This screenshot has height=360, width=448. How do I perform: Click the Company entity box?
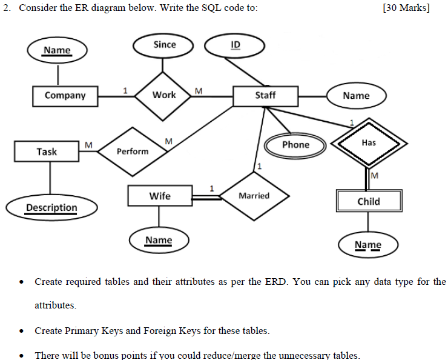click(65, 96)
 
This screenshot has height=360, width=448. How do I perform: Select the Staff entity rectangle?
click(265, 96)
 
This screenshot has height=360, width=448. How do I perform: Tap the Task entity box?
click(47, 152)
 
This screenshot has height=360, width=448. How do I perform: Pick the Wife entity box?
click(160, 196)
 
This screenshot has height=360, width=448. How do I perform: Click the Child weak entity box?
click(369, 201)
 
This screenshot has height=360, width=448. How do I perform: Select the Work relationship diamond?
click(164, 95)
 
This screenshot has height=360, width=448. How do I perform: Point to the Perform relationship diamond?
click(133, 152)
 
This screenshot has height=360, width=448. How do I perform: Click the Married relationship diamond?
click(254, 196)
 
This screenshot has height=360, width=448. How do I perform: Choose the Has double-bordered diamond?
click(369, 143)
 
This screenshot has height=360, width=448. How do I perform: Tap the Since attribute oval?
click(165, 45)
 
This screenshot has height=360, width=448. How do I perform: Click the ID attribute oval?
click(236, 45)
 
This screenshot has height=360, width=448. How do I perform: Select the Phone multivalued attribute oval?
click(295, 145)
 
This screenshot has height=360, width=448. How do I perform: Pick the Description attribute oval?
click(51, 208)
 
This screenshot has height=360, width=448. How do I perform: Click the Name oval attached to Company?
click(57, 50)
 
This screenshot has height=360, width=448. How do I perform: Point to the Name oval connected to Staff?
click(356, 96)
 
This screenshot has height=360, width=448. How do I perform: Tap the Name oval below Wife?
click(159, 241)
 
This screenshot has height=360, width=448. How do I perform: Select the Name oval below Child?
click(368, 245)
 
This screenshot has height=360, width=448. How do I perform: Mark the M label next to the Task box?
click(88, 144)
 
